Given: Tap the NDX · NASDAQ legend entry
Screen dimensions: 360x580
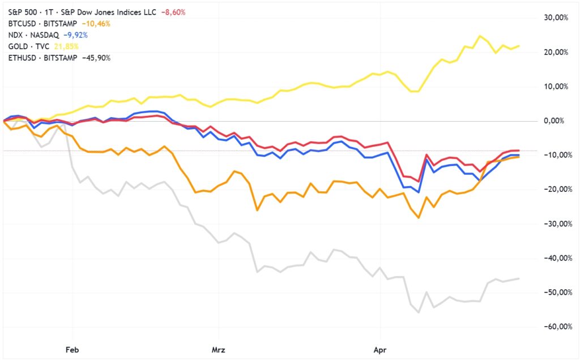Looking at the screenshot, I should click(x=35, y=35).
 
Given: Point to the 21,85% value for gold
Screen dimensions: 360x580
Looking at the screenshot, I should click(x=67, y=46).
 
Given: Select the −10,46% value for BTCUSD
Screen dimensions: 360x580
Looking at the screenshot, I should click(x=96, y=24).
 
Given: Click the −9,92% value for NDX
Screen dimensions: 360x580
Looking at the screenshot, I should click(x=76, y=35).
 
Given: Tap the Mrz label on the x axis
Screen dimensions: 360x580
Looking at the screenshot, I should click(x=218, y=350).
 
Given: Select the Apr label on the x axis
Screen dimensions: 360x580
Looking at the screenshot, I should click(x=380, y=350).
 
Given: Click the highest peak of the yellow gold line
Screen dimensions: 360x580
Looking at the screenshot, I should click(x=480, y=36).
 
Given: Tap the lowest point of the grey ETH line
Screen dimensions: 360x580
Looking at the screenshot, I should click(x=419, y=312).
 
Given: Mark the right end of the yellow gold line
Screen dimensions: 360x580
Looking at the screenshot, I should click(x=519, y=46).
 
